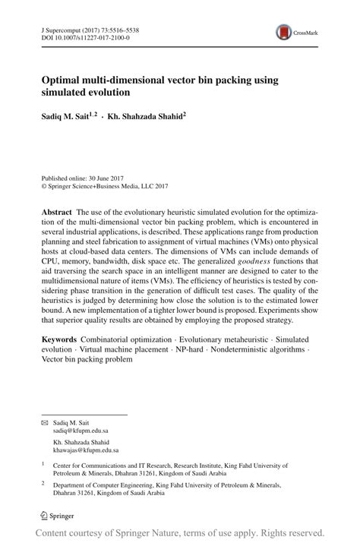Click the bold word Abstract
(x=57, y=212)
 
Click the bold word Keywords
(x=60, y=340)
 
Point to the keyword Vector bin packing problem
(x=87, y=361)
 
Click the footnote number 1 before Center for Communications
(x=43, y=463)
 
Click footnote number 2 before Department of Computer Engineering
(x=43, y=483)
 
